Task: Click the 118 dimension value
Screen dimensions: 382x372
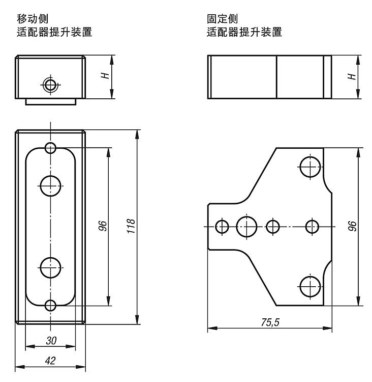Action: tap(131, 226)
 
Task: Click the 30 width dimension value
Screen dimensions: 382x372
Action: tap(51, 340)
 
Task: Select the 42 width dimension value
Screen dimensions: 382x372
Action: tap(51, 360)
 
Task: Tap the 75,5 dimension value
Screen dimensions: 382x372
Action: tap(269, 322)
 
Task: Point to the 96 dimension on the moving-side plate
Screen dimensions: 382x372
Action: tap(102, 226)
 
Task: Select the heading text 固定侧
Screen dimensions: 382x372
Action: tap(220, 20)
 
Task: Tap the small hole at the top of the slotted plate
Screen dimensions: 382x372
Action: tap(50, 148)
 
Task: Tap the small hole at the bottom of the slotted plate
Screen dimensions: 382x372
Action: tap(50, 306)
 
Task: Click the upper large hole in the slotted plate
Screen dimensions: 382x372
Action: tap(50, 186)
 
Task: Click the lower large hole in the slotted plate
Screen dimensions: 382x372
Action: tap(50, 267)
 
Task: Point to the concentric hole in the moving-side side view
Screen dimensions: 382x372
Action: tap(50, 85)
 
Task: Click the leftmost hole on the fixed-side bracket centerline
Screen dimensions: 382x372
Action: tap(222, 226)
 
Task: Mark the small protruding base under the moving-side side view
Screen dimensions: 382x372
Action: tap(51, 101)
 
